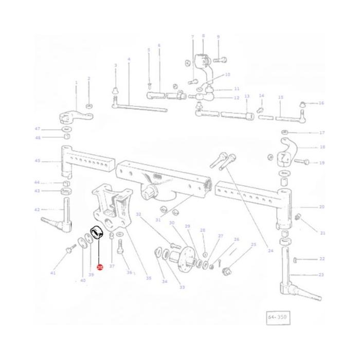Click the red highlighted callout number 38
coord(100,267)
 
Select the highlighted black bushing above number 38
coord(97,234)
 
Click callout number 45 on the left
coord(37,161)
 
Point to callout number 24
coord(269,251)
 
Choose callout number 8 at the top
coord(203,36)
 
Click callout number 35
coord(149,278)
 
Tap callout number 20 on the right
coord(322,207)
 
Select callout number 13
coord(247,96)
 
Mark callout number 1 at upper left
coord(76,82)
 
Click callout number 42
coord(37,209)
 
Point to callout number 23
coord(322,275)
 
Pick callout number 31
coord(158,220)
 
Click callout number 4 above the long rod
coord(129,59)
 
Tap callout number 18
coord(322,147)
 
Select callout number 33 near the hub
coord(182,287)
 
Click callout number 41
coord(52,273)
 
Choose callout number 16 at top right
coord(322,103)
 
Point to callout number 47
coord(37,129)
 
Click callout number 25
coord(253,244)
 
